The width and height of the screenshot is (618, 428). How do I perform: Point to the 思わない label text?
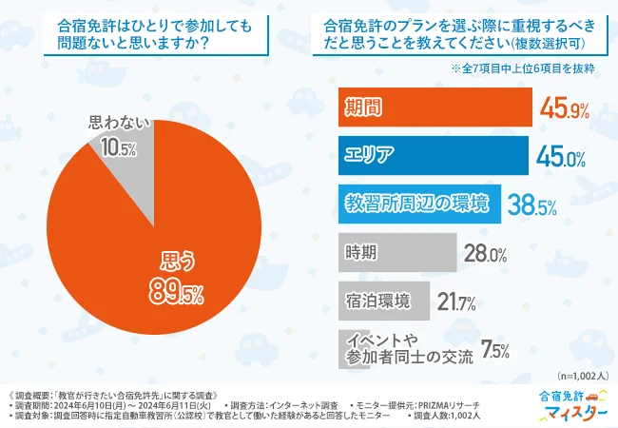(120, 123)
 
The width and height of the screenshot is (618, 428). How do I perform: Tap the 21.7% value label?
(455, 302)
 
